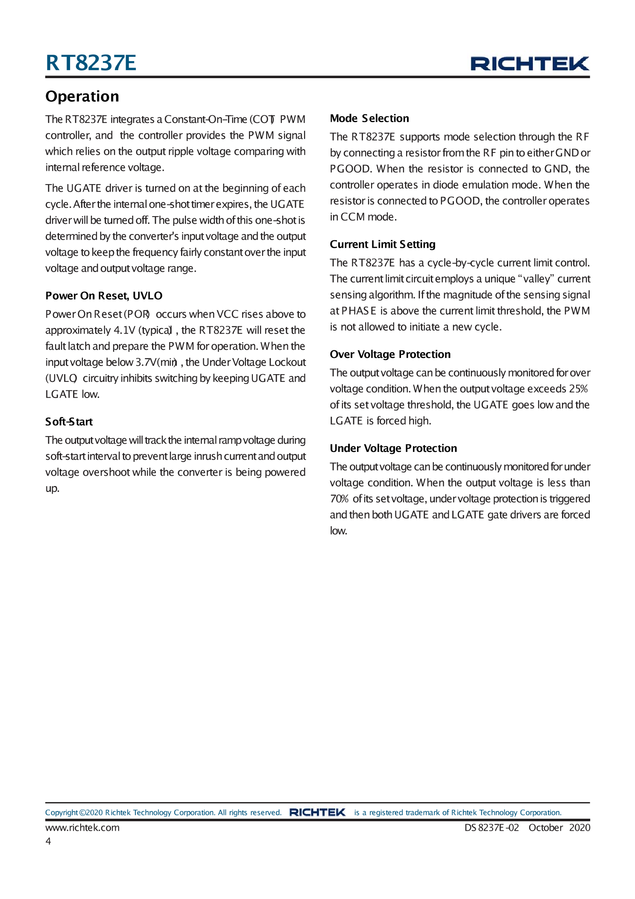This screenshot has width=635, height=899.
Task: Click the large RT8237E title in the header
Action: [91, 63]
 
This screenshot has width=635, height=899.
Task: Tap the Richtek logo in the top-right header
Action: [530, 64]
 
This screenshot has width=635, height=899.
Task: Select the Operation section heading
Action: [82, 97]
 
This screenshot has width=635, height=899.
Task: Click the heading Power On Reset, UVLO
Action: [104, 296]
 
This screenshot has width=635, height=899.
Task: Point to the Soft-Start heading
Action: [69, 422]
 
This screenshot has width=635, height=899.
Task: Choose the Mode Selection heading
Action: [369, 118]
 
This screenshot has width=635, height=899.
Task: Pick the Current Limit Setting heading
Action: [382, 244]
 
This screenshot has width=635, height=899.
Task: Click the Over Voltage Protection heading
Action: [390, 354]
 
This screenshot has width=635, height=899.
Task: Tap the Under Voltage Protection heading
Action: [393, 448]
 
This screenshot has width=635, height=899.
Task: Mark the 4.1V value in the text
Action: [124, 330]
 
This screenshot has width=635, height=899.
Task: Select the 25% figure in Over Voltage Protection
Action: [578, 389]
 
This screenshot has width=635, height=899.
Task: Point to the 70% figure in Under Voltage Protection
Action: [339, 499]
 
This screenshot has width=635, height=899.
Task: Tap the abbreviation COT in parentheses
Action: [263, 119]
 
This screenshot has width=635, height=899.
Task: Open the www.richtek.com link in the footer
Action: [82, 827]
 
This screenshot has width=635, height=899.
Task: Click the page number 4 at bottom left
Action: [48, 841]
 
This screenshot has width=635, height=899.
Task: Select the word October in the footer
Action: [545, 827]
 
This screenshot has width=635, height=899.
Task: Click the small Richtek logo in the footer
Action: [317, 812]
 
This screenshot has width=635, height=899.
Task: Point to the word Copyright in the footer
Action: [61, 812]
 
